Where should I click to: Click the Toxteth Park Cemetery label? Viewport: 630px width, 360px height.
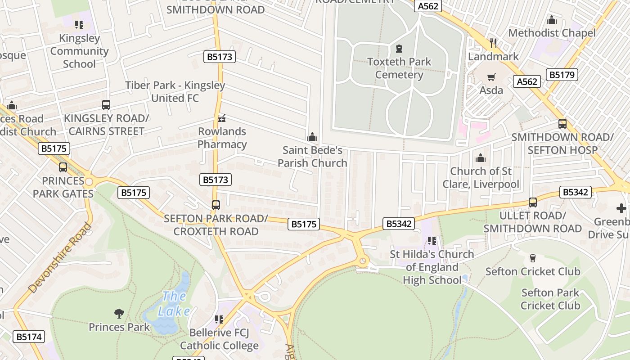pos(399,68)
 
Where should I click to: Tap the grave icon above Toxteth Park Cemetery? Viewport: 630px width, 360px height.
pos(399,48)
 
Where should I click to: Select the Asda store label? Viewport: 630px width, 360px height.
pos(491,90)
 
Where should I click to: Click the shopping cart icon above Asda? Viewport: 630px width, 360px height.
pos(491,77)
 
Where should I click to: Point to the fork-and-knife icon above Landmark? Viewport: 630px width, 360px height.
pos(493,43)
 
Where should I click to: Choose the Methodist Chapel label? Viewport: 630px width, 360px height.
pos(552,33)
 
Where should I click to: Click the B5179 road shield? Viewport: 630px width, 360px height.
pos(562,75)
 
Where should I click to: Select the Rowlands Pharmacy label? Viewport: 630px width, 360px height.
pos(222,138)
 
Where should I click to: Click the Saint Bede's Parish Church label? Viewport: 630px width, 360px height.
pos(312,156)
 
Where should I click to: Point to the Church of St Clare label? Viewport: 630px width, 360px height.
pos(481,178)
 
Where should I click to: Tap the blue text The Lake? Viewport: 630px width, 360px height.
pos(174,303)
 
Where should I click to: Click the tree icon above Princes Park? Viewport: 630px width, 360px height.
pos(119,313)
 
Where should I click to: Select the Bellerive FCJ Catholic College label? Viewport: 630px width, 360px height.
pos(219,339)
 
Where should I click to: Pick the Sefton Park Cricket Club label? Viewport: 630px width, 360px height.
pos(550,299)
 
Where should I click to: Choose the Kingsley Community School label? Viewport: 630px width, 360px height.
pos(79,51)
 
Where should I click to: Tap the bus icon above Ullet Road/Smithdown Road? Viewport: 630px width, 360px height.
pos(533,202)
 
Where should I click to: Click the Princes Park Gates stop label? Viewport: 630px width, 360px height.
pos(63,187)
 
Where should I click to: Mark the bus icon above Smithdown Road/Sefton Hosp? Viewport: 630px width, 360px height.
pos(562,124)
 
